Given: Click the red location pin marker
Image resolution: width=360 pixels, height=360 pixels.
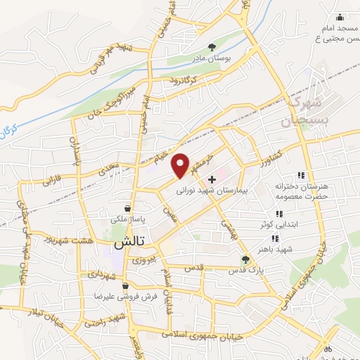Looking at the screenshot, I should tap(181, 165).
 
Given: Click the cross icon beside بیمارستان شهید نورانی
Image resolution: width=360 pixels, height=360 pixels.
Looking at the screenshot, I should tap(212, 179).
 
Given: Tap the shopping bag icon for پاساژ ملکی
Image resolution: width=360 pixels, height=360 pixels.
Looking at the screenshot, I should tap(127, 209).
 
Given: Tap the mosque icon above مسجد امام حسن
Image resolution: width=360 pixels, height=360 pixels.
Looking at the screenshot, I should tap(340, 17).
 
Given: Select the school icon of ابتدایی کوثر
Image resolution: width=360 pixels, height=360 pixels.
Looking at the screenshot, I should tap(278, 214).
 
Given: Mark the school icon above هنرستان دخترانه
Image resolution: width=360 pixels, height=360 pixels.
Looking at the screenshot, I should tap(301, 175).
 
